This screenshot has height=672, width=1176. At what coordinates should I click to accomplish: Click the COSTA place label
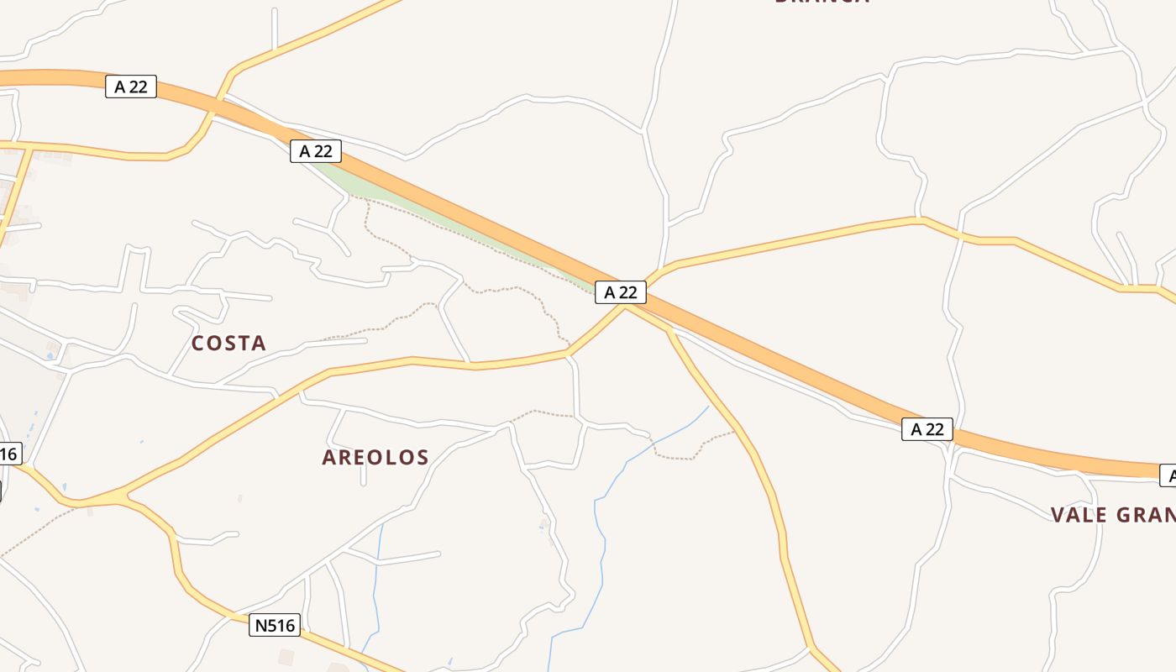tap(228, 343)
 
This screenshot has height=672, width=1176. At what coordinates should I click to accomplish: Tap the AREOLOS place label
tap(375, 458)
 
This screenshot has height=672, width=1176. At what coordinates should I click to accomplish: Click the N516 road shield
tap(275, 625)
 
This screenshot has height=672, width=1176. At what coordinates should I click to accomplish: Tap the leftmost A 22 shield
tap(131, 87)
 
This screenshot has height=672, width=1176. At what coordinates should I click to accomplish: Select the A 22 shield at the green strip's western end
tap(316, 151)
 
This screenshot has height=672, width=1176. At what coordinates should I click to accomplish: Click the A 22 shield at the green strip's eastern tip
tap(621, 292)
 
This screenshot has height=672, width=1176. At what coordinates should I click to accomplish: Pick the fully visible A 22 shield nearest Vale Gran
tap(927, 429)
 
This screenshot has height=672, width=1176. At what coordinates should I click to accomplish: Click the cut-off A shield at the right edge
tap(1168, 475)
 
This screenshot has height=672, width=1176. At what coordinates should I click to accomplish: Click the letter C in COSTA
tap(199, 343)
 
